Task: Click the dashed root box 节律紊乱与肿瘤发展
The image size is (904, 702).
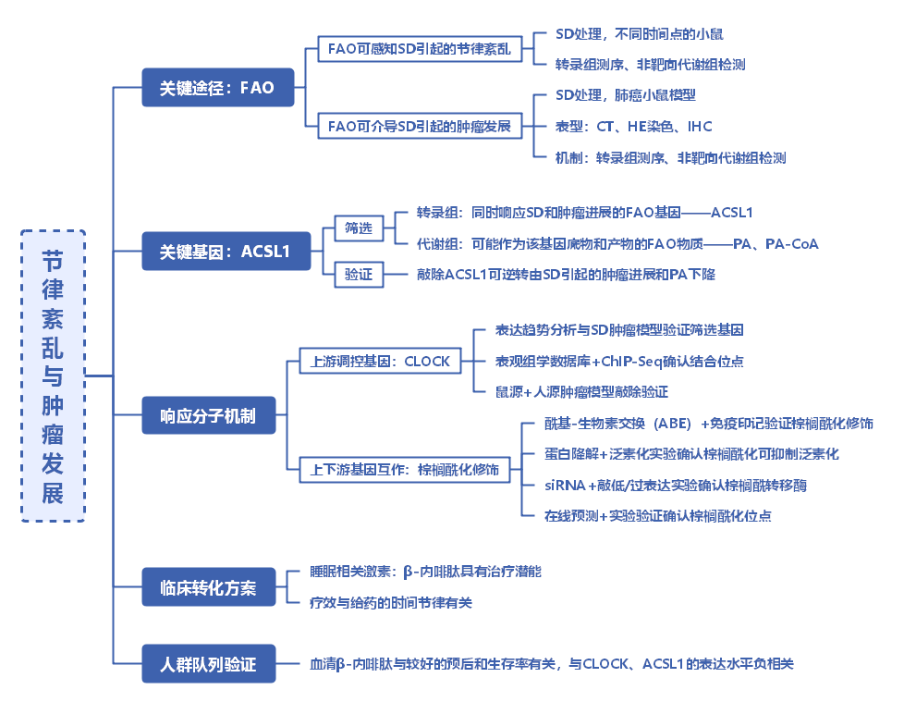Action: tap(53, 376)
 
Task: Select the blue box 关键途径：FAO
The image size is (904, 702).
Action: tap(218, 88)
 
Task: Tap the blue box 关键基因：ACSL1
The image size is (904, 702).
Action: tap(226, 252)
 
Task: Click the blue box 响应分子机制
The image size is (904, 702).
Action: tap(209, 415)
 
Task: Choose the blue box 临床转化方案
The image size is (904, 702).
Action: tap(209, 587)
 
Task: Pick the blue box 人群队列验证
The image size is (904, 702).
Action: tap(209, 664)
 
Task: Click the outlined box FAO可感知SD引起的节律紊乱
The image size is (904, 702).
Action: tap(420, 49)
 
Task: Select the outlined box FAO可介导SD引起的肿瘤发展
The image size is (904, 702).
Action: tap(420, 127)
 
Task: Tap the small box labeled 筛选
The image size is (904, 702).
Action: tap(359, 228)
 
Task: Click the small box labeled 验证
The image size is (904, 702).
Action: tap(359, 275)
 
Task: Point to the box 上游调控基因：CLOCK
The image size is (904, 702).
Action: tap(381, 361)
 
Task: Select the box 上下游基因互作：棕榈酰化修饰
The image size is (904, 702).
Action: tap(405, 470)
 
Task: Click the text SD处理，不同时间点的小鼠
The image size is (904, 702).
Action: tap(640, 34)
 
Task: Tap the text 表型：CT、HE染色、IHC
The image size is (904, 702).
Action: tap(633, 127)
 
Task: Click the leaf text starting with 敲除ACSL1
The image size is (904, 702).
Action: tap(566, 275)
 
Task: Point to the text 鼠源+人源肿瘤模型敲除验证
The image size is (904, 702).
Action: tap(581, 392)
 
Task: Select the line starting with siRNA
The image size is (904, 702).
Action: tap(675, 486)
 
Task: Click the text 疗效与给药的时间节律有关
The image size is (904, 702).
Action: tap(391, 603)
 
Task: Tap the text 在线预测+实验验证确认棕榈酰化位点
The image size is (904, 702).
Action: tap(658, 516)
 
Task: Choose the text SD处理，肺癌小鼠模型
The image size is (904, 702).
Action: tap(626, 95)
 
